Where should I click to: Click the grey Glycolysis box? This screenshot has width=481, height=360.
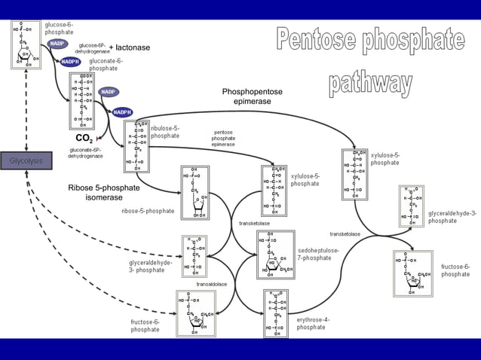26,161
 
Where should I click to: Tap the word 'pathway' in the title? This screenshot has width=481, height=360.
369,82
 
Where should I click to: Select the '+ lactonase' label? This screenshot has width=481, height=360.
130,47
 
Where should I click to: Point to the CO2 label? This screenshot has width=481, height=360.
84,139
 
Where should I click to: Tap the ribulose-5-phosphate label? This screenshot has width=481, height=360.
164,132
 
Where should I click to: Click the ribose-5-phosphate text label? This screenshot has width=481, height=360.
148,211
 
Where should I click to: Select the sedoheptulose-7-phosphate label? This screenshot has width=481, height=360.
318,254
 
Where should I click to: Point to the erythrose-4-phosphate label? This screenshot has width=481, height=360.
312,323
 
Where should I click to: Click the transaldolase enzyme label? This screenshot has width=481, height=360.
212,284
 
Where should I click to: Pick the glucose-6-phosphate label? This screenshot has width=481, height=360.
59,29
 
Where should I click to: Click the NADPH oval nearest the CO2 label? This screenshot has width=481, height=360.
123,112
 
